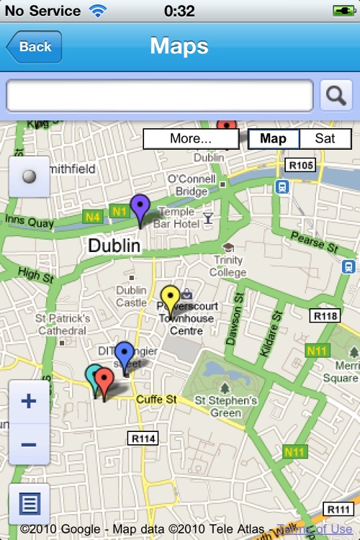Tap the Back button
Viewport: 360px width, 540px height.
tap(35, 47)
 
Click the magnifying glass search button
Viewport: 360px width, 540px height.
tap(336, 95)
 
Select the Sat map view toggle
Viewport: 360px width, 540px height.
tap(325, 139)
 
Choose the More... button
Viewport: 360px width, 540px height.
tap(190, 139)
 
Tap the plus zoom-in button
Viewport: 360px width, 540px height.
tap(29, 401)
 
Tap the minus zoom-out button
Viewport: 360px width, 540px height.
tap(29, 444)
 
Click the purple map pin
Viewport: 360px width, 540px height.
tap(140, 210)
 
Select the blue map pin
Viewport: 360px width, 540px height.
tap(125, 356)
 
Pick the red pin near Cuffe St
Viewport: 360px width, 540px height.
tap(104, 381)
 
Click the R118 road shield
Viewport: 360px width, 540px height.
tap(325, 315)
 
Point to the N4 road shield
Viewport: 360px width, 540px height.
tap(91, 216)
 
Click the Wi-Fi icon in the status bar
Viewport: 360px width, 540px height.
tap(96, 11)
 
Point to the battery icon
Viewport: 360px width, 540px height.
tap(343, 11)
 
